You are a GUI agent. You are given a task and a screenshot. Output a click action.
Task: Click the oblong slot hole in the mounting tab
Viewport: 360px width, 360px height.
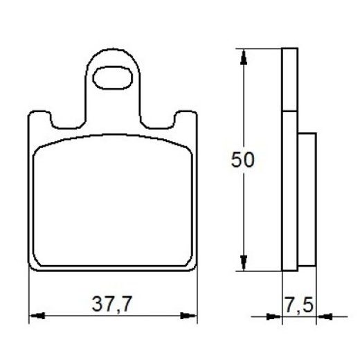[112, 78]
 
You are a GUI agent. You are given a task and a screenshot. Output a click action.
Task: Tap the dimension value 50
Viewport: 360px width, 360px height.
[243, 160]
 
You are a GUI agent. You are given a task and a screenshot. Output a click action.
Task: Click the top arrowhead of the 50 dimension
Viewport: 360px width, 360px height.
[243, 55]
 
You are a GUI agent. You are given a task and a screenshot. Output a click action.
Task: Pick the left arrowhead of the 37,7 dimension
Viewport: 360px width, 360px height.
[36, 317]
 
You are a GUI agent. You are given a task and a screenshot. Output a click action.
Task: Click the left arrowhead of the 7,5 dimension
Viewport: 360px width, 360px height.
[277, 317]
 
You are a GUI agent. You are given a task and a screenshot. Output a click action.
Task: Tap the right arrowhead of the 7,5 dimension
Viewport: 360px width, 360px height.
[323, 317]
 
